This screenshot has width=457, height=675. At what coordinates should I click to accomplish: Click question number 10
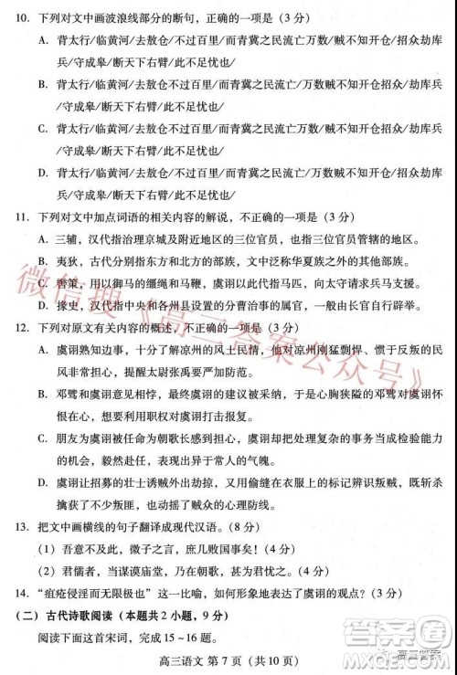click(21, 17)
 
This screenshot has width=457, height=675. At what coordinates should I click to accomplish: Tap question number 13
click(21, 527)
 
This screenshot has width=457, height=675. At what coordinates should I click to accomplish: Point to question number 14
click(21, 592)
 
